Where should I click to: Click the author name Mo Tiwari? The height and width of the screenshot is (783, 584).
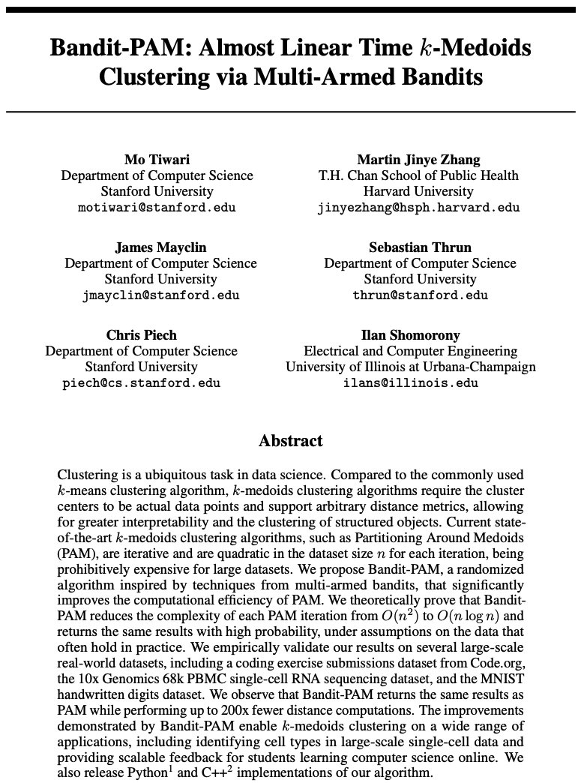(157, 159)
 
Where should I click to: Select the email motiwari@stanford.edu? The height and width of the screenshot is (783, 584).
(157, 208)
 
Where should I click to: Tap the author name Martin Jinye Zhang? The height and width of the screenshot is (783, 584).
(418, 159)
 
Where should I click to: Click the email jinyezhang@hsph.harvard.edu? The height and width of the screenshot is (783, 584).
(418, 208)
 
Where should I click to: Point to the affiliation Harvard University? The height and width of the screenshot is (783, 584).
(418, 191)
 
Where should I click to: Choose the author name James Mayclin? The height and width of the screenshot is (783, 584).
(160, 247)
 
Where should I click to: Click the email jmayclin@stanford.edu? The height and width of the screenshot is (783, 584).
(160, 295)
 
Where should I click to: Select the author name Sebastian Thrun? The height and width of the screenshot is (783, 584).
(420, 247)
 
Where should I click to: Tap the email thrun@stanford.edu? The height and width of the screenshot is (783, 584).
(420, 295)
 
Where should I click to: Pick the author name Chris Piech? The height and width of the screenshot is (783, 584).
(141, 334)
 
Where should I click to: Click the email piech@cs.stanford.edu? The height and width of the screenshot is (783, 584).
(141, 383)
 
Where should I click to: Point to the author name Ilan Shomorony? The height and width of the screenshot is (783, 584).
(410, 334)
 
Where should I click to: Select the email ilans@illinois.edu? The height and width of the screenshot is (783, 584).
(410, 383)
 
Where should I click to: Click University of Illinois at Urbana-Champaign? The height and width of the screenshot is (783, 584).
(410, 367)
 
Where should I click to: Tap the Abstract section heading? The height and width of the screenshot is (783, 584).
(291, 441)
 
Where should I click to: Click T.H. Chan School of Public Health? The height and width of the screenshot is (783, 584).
(418, 175)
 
